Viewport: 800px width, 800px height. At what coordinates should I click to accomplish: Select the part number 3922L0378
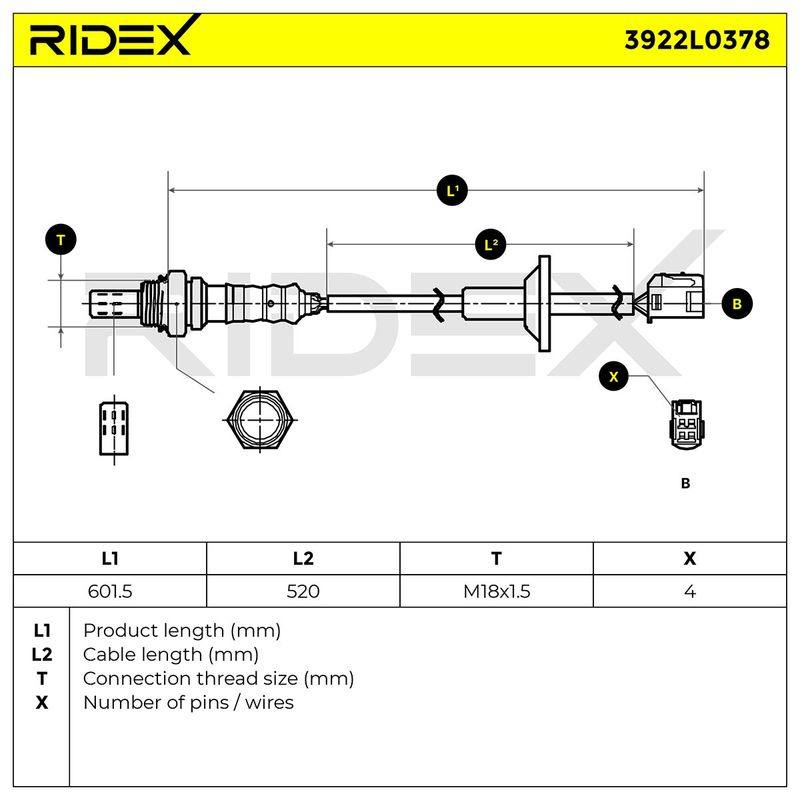pyautogui.click(x=697, y=40)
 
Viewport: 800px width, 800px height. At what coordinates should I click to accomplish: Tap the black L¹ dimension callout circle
pyautogui.click(x=452, y=191)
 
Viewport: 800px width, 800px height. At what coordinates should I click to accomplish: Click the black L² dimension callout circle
pyautogui.click(x=491, y=245)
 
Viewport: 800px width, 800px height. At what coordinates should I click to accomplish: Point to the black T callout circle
pyautogui.click(x=61, y=240)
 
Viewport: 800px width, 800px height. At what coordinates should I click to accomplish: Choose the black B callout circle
pyautogui.click(x=737, y=304)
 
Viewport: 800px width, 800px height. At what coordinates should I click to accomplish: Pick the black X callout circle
pyautogui.click(x=614, y=377)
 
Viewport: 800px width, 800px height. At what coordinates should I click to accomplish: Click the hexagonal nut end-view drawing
pyautogui.click(x=260, y=420)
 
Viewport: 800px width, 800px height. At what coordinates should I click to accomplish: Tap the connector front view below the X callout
pyautogui.click(x=688, y=424)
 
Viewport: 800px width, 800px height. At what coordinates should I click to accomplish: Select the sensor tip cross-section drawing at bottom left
pyautogui.click(x=114, y=429)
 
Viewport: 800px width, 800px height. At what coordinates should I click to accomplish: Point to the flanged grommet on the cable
pyautogui.click(x=538, y=303)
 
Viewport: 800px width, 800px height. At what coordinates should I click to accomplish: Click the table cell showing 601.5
pyautogui.click(x=110, y=591)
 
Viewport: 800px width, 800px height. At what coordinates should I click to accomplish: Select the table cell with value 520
pyautogui.click(x=303, y=591)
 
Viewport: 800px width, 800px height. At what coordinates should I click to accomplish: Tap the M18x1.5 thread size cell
pyautogui.click(x=496, y=591)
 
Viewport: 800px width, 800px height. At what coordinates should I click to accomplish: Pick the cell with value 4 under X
pyautogui.click(x=690, y=591)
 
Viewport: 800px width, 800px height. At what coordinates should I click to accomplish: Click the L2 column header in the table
pyautogui.click(x=303, y=559)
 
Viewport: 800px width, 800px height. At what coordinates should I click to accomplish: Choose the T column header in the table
pyautogui.click(x=496, y=559)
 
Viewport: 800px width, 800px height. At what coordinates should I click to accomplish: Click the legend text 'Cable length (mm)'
pyautogui.click(x=171, y=655)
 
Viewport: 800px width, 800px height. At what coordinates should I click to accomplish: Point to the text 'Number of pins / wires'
pyautogui.click(x=188, y=703)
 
